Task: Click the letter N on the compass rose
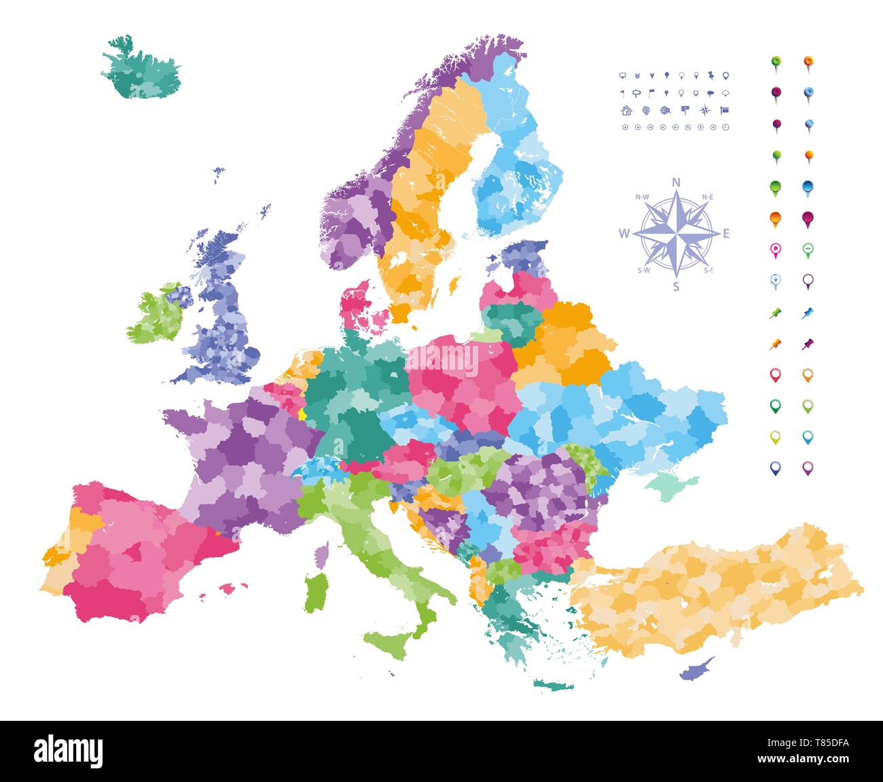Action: [676, 182]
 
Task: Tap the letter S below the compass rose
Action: [676, 286]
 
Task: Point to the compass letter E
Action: [726, 234]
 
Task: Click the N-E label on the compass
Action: [707, 197]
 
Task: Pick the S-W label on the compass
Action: [643, 270]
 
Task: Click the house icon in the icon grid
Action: [626, 111]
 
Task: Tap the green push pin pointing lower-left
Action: [775, 313]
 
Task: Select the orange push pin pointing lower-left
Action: [775, 344]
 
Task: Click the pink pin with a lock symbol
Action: [775, 250]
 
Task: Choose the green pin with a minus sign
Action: [808, 250]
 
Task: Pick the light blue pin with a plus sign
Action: [775, 280]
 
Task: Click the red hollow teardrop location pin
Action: [775, 374]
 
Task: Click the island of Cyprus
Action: [696, 669]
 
